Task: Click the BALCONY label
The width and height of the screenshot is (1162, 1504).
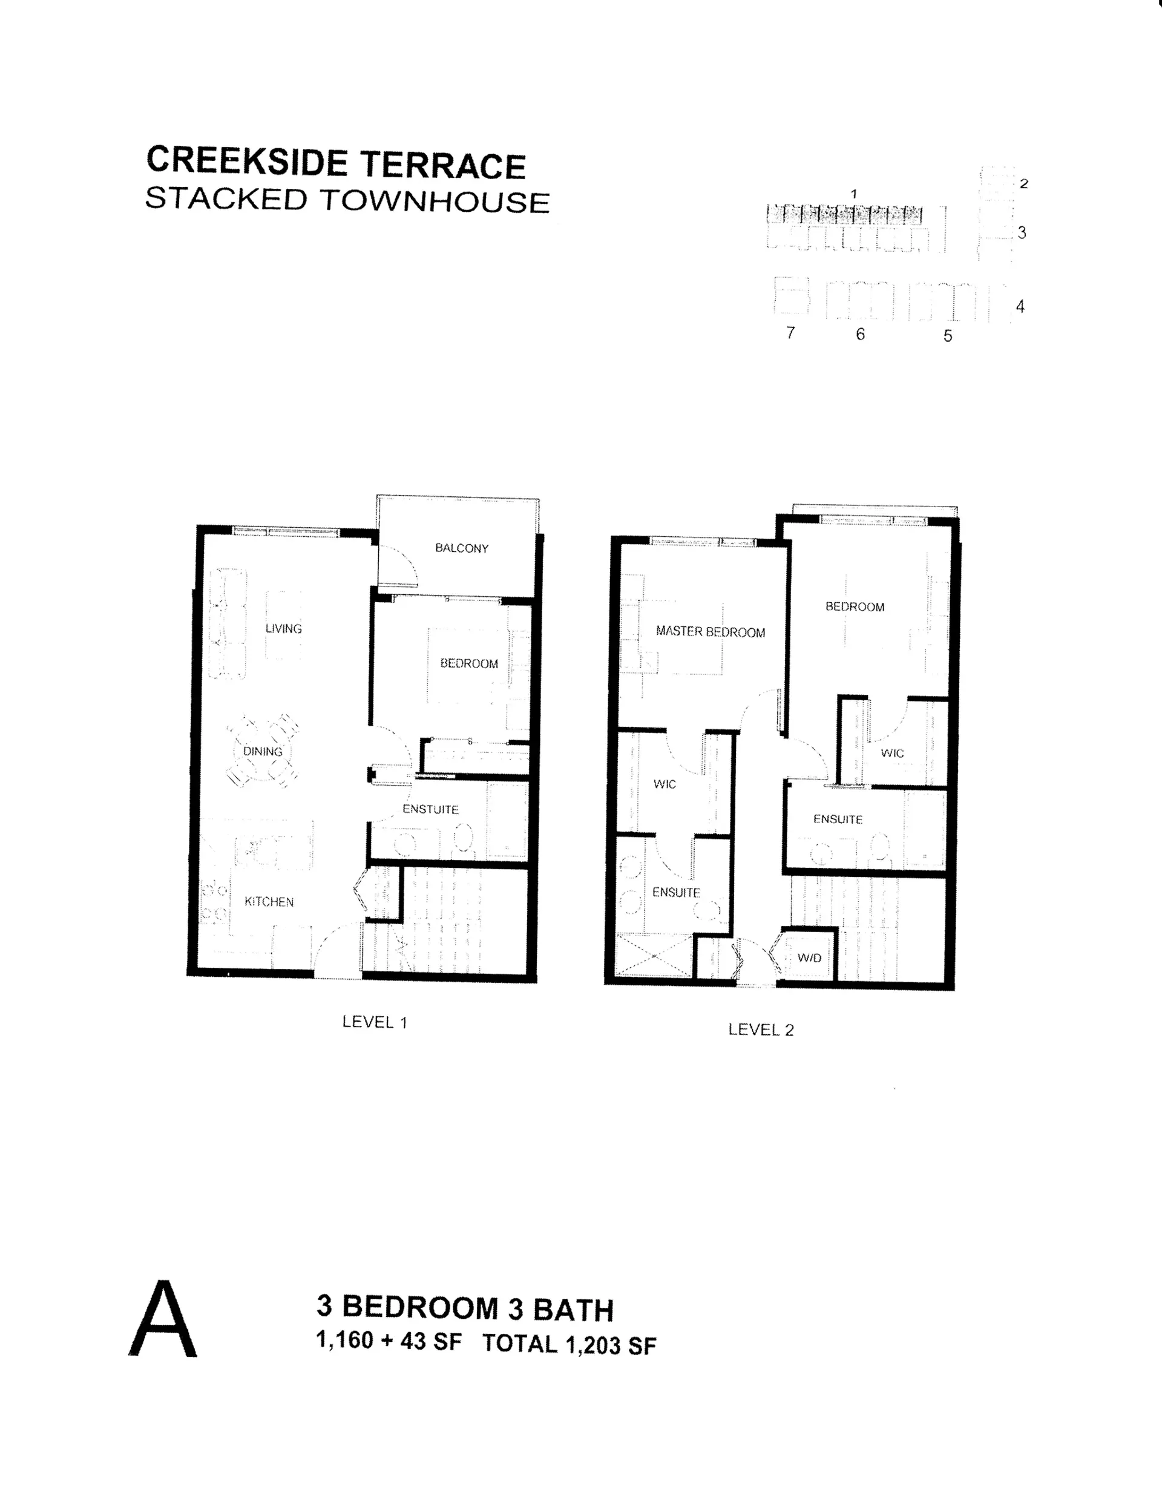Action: [x=462, y=548]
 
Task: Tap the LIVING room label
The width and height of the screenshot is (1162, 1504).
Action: [x=283, y=629]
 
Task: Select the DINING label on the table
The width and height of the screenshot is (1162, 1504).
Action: [x=263, y=751]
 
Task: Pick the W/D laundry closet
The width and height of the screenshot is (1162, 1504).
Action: [x=809, y=957]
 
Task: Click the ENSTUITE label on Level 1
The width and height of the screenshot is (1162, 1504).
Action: [x=430, y=809]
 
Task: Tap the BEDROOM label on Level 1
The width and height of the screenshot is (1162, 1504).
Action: [x=469, y=663]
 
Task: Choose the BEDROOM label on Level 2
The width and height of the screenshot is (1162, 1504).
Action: [x=855, y=606]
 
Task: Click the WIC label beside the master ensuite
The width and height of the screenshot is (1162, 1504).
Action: [x=665, y=784]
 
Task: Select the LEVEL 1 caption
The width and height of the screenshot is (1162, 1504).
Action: [x=375, y=1022]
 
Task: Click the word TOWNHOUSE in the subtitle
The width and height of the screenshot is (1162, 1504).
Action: [x=434, y=201]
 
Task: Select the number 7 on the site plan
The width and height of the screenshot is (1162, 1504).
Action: [x=791, y=333]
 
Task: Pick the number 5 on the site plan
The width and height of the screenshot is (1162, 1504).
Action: [x=948, y=335]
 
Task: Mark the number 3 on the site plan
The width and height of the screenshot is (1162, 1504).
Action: [x=1022, y=233]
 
